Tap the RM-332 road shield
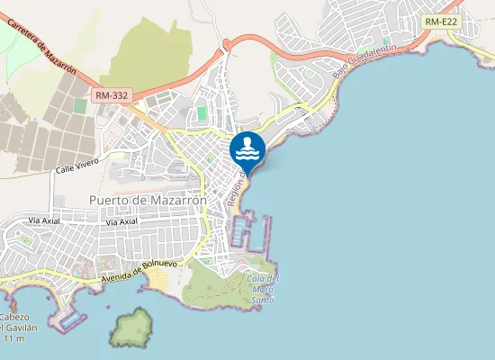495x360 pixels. point(111,94)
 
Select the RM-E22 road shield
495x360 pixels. point(441,21)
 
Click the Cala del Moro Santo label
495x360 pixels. point(262,287)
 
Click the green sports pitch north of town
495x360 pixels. point(201,113)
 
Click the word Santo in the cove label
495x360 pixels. point(263,299)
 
